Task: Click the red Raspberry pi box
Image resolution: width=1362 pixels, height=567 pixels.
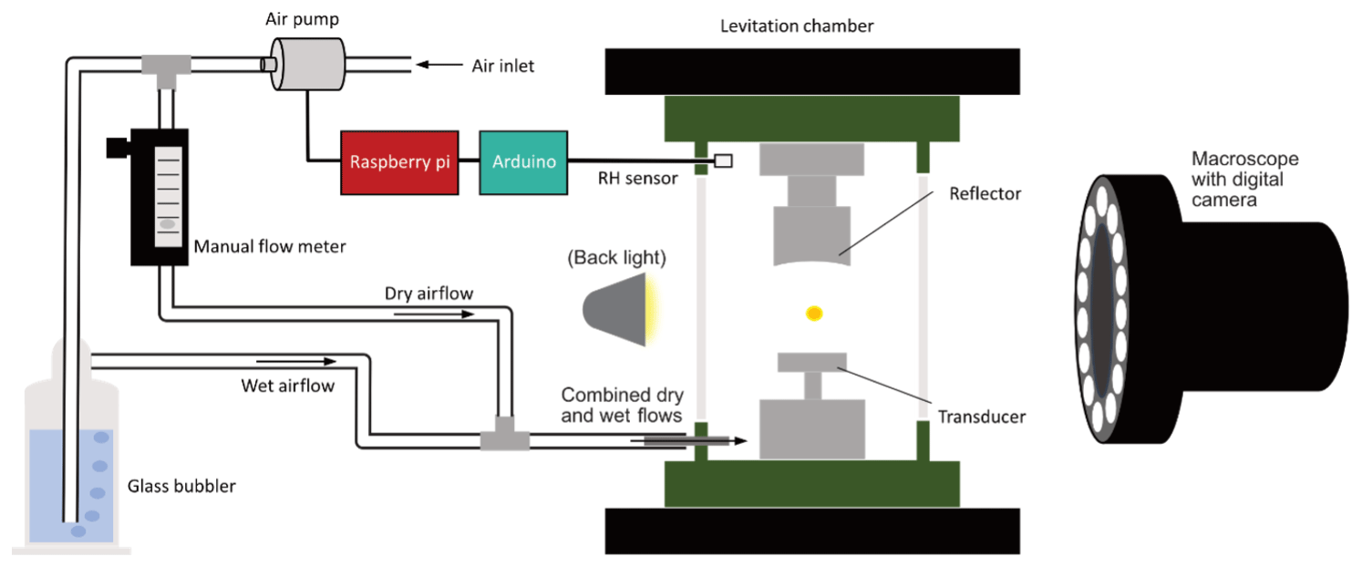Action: pyautogui.click(x=398, y=162)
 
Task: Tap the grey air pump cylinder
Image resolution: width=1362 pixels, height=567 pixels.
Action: pyautogui.click(x=305, y=64)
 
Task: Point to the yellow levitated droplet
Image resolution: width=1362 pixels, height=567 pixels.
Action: pyautogui.click(x=814, y=314)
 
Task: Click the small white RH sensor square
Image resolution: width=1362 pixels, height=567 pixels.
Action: pyautogui.click(x=724, y=161)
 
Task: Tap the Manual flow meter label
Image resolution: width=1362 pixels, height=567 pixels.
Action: pyautogui.click(x=270, y=246)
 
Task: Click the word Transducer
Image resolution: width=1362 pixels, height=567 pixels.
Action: pyautogui.click(x=982, y=417)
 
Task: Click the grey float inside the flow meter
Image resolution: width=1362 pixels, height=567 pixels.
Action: pyautogui.click(x=166, y=224)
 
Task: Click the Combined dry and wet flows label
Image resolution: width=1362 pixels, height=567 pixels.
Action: pyautogui.click(x=622, y=406)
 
